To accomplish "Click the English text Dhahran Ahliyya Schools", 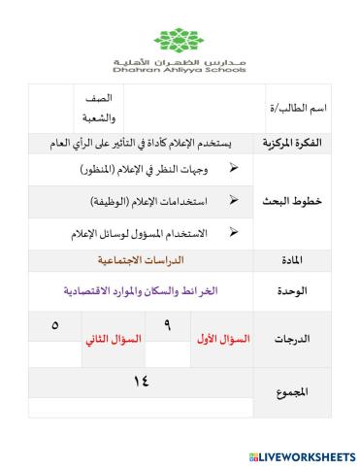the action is (180, 70).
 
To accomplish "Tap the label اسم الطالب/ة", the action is (297, 110).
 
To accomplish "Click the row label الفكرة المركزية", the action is (291, 144).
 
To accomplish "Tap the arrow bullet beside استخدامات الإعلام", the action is (233, 200).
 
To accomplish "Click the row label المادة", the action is (290, 260).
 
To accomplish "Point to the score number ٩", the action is (168, 325).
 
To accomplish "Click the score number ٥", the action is (55, 325).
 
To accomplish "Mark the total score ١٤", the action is (142, 381).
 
